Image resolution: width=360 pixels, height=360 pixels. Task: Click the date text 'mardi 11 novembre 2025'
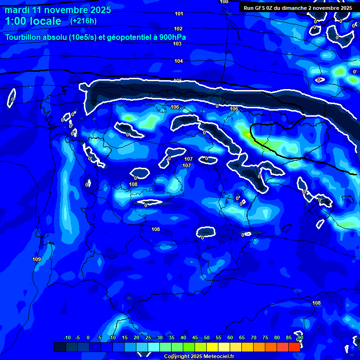pos(58,10)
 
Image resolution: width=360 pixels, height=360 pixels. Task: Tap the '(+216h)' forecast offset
pos(83,21)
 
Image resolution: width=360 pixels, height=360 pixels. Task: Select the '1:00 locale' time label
pos(33,21)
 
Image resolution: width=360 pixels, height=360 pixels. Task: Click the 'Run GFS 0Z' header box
pos(298,7)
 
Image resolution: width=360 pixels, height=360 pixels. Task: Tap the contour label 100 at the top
pos(224,2)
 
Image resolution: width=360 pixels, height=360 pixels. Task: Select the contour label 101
pos(179,14)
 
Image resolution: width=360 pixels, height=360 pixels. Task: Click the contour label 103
pos(177,44)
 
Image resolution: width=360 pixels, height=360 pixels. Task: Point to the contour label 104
pos(179,61)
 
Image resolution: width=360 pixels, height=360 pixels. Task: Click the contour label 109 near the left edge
pos(37,259)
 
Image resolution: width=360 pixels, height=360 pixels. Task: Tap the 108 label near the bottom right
pos(316,303)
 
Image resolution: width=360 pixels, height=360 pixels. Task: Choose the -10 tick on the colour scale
pos(67,337)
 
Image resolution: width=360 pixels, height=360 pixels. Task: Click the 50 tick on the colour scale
pos(206,337)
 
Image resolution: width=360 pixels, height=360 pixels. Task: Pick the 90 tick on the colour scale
pos(300,337)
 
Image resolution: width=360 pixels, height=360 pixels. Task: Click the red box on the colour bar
pos(294,347)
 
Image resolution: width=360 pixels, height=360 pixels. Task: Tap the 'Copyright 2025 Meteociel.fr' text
pos(199,356)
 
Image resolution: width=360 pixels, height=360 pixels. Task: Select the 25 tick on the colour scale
pos(148,337)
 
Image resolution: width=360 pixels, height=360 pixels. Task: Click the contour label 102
pos(178,29)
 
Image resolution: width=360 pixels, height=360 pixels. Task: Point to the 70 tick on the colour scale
pos(254,337)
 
